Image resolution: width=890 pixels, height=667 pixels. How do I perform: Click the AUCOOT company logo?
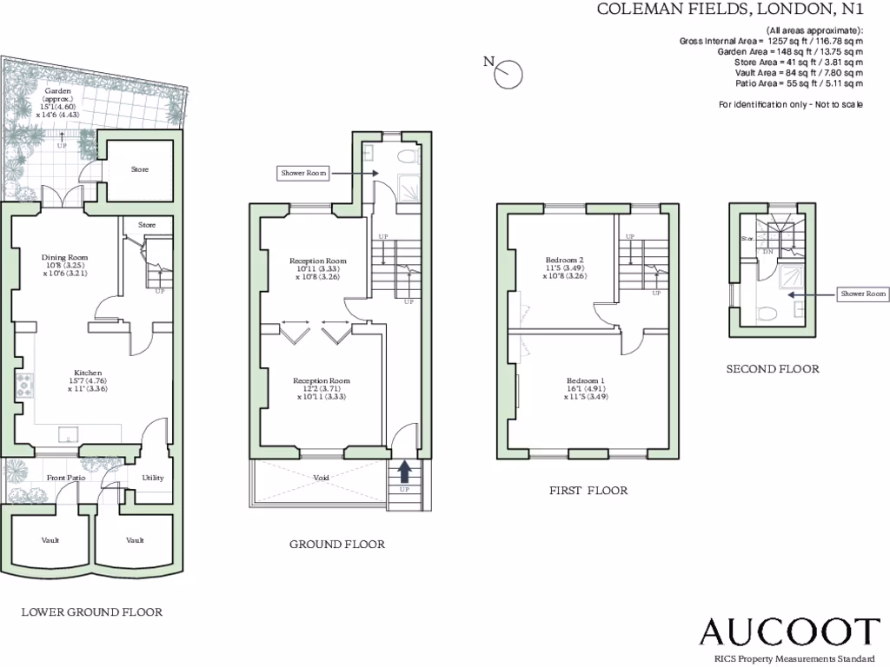790,631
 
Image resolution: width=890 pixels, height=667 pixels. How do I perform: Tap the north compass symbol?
507,75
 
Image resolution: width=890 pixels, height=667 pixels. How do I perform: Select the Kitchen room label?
87,373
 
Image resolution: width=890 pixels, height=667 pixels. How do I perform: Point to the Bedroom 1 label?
585,381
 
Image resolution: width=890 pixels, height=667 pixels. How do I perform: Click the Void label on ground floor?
321,479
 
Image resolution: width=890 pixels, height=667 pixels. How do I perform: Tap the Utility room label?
152,478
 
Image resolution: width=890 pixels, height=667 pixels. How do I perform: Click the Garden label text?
58,90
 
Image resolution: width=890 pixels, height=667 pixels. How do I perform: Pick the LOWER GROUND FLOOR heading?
91,612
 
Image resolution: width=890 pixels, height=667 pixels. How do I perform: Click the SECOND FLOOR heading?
773,369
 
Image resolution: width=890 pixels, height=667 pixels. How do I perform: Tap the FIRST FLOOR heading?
588,491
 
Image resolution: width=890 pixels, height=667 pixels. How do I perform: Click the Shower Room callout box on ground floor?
303,173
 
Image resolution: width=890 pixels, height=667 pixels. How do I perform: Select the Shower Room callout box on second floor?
863,294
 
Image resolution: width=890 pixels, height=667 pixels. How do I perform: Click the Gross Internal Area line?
772,41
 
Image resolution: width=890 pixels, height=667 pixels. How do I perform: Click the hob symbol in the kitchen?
22,385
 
